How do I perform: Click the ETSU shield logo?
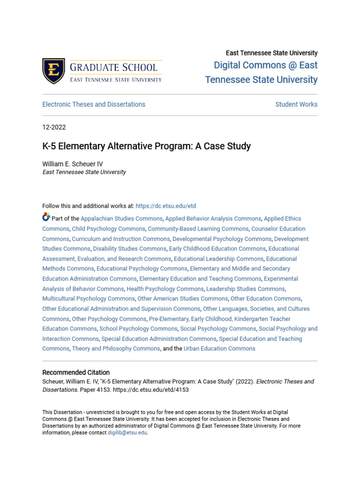pyautogui.click(x=53, y=71)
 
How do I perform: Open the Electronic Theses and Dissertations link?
pyautogui.click(x=94, y=105)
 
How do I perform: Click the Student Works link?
pyautogui.click(x=296, y=105)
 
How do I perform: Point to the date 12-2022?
pyautogui.click(x=54, y=127)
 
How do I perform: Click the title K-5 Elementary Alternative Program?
pyautogui.click(x=146, y=146)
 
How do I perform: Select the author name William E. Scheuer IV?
pyautogui.click(x=73, y=164)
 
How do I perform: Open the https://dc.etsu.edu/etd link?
pyautogui.click(x=165, y=206)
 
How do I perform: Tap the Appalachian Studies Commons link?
pyautogui.click(x=122, y=219)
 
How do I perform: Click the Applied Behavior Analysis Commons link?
pyautogui.click(x=213, y=219)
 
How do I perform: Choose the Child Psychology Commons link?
pyautogui.click(x=108, y=229)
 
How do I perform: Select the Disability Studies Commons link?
pyautogui.click(x=129, y=249)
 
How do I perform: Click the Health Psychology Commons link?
pyautogui.click(x=165, y=289)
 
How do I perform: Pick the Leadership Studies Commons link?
pyautogui.click(x=245, y=289)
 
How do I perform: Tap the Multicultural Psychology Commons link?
pyautogui.click(x=88, y=299)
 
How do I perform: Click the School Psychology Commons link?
pyautogui.click(x=138, y=329)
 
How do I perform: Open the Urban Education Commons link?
pyautogui.click(x=219, y=349)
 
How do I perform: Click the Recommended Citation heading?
pyautogui.click(x=76, y=373)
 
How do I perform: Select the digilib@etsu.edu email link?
pyautogui.click(x=127, y=433)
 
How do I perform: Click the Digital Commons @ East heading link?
pyautogui.click(x=265, y=66)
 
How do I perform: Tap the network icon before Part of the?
pyautogui.click(x=46, y=217)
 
